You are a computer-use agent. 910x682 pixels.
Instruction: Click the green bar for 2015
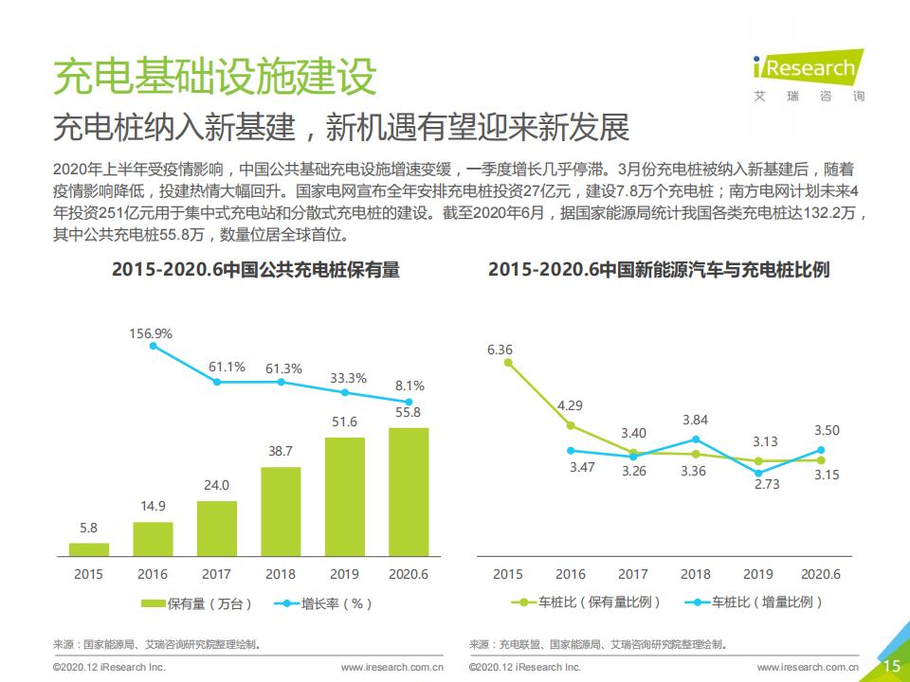click(89, 548)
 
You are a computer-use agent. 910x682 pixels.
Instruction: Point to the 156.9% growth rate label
click(151, 333)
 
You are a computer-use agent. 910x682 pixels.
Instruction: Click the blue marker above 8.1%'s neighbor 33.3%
click(344, 391)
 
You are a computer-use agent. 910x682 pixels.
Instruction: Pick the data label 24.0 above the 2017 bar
click(216, 485)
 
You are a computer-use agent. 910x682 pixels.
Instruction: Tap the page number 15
click(891, 667)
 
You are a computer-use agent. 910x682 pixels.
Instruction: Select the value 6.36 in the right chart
click(500, 350)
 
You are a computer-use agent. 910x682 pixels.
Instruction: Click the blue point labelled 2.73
click(758, 473)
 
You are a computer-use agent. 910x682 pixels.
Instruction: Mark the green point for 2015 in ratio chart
click(508, 362)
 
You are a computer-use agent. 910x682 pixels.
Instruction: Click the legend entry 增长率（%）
click(322, 602)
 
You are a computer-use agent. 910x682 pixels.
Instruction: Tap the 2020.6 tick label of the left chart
click(409, 574)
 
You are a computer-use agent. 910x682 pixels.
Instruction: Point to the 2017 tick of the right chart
click(633, 574)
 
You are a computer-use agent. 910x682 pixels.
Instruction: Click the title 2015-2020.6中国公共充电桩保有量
click(256, 270)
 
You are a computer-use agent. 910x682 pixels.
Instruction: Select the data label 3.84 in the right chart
click(695, 420)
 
